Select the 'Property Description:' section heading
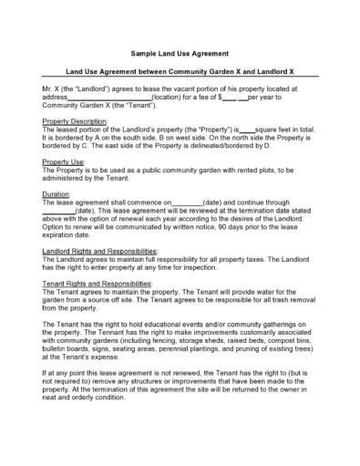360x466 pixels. click(x=76, y=121)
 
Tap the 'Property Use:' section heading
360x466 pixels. click(x=64, y=161)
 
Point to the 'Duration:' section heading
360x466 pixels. click(x=57, y=194)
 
